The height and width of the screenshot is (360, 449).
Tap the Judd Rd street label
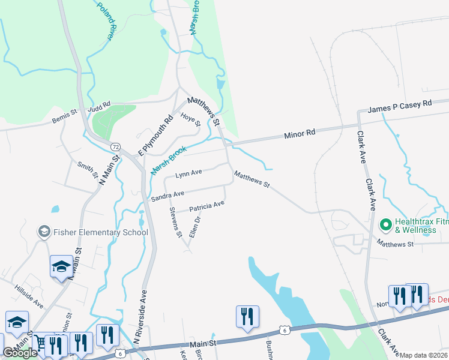pos(100,106)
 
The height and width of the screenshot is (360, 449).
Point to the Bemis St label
pos(65,112)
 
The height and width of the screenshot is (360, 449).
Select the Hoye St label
pos(190,118)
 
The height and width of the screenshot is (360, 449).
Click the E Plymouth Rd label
pos(155,134)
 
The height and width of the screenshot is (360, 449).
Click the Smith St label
pos(88,170)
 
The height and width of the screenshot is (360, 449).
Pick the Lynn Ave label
pos(188,174)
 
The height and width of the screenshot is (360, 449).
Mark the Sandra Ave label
pos(167,196)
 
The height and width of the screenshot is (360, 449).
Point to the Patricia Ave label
pos(206,207)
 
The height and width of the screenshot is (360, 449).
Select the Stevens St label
pos(175,222)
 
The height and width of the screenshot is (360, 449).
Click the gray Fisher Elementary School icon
pos(43,232)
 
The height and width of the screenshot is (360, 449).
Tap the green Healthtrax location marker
pos(385,226)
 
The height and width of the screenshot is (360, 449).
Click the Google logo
pos(19,353)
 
